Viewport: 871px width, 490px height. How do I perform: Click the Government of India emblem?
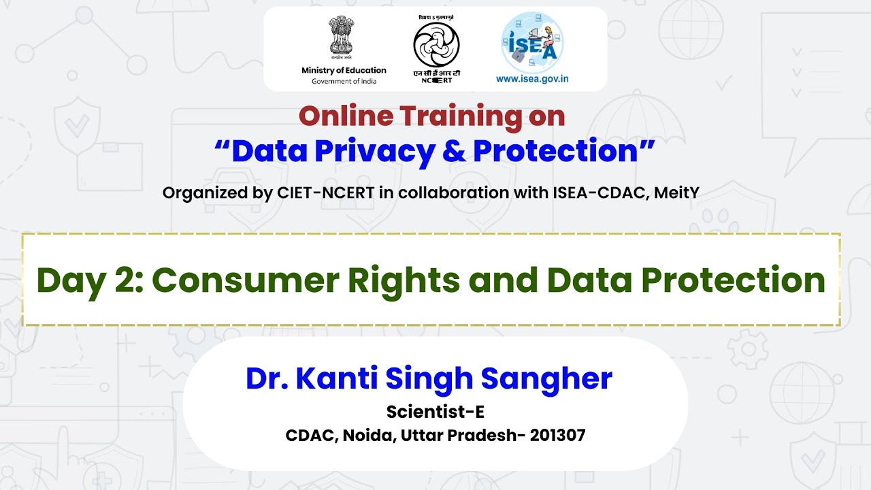pyautogui.click(x=342, y=37)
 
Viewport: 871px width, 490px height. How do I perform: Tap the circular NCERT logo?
pyautogui.click(x=436, y=45)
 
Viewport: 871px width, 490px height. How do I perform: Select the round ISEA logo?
pyautogui.click(x=532, y=42)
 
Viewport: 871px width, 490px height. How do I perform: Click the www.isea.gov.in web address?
pyautogui.click(x=532, y=79)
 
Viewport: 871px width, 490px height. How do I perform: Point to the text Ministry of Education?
pyautogui.click(x=344, y=70)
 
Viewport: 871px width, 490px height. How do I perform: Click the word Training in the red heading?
pyautogui.click(x=461, y=116)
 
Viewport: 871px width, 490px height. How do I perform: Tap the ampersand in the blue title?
pyautogui.click(x=454, y=150)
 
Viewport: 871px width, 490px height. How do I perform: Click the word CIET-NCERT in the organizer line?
pyautogui.click(x=325, y=193)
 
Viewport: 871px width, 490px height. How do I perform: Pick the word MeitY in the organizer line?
pyautogui.click(x=676, y=193)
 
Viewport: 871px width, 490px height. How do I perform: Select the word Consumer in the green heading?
pyautogui.click(x=246, y=280)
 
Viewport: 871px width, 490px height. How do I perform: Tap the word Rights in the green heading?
pyautogui.click(x=404, y=282)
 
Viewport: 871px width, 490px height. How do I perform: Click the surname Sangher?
pyautogui.click(x=546, y=380)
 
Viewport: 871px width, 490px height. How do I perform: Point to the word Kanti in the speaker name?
pyautogui.click(x=337, y=378)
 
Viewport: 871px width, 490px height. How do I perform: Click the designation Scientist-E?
pyautogui.click(x=435, y=412)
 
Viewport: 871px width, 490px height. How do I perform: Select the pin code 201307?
pyautogui.click(x=557, y=436)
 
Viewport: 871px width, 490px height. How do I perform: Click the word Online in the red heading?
pyautogui.click(x=346, y=116)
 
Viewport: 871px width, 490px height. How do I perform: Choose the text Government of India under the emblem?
pyautogui.click(x=344, y=81)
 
